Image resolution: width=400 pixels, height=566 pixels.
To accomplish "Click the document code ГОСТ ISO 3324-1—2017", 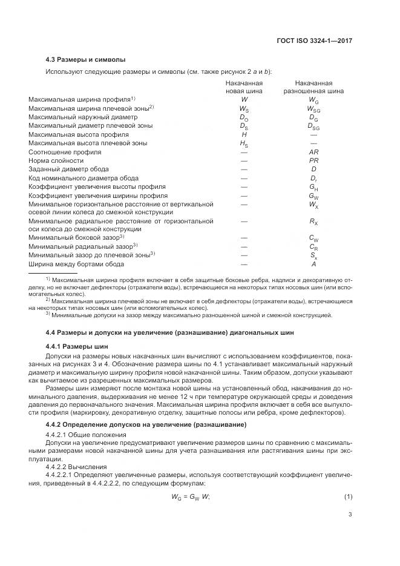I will coord(313,41).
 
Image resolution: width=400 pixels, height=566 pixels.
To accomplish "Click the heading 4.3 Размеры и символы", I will coord(85,60).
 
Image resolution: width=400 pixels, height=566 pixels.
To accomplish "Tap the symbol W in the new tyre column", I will coord(244,99).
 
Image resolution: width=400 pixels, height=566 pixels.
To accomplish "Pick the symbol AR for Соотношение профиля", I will coord(313,152).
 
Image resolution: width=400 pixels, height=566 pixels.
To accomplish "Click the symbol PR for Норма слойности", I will coord(313,161).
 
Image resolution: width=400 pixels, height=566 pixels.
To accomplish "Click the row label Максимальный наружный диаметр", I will coord(78,117).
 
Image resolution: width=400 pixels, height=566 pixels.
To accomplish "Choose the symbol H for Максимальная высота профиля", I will coord(244,134).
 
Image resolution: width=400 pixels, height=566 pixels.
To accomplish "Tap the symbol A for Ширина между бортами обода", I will coord(313,264).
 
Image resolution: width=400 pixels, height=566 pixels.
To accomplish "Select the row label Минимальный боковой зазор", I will coord(76,237).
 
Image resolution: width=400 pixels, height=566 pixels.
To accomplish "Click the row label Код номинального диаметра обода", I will coord(84,179).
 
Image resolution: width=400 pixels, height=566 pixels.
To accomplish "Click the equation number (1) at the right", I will coord(348,498).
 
